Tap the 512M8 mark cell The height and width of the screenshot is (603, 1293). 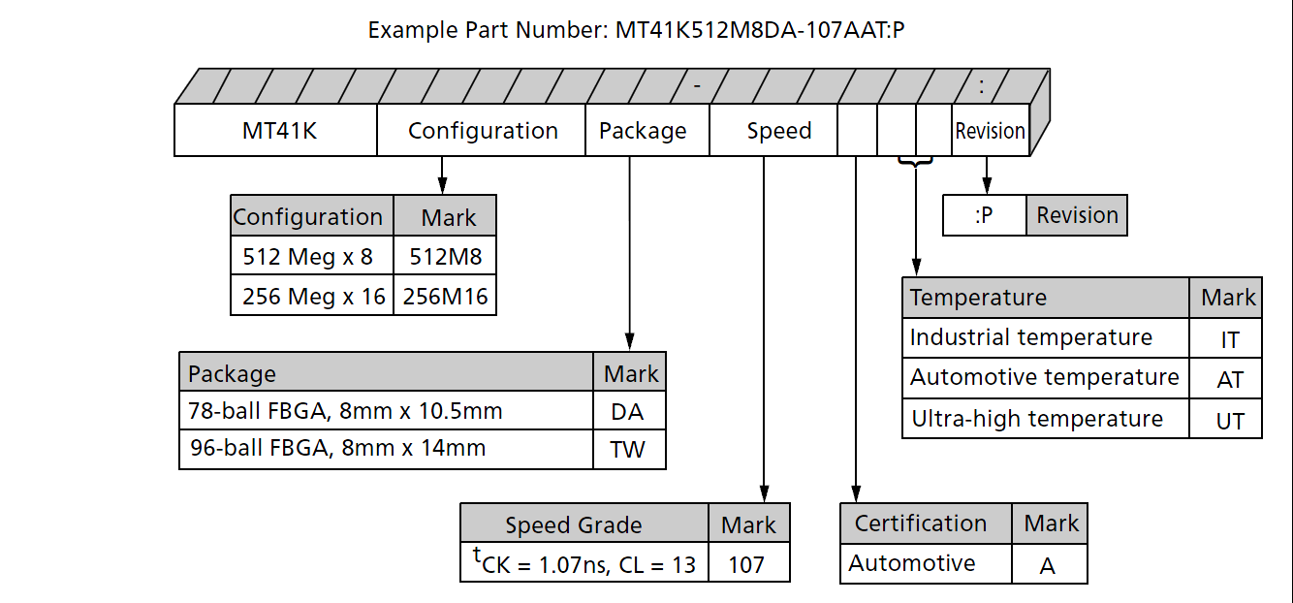click(x=445, y=257)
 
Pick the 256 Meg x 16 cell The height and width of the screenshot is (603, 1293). click(x=312, y=296)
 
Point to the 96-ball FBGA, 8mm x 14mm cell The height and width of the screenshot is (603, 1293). click(x=387, y=449)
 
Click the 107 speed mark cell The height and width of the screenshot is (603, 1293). click(x=748, y=563)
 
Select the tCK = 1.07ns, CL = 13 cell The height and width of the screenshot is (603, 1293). click(x=584, y=562)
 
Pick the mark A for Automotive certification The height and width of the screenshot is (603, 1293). click(x=1048, y=565)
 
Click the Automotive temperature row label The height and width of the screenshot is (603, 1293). click(x=1045, y=377)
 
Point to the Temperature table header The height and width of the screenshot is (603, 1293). click(x=1045, y=298)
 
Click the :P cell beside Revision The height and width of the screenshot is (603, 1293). click(x=984, y=215)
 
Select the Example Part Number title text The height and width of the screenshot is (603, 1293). click(x=637, y=30)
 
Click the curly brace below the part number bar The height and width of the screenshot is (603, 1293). click(x=915, y=161)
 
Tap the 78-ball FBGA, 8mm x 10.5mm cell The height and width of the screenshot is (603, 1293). click(x=387, y=411)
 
